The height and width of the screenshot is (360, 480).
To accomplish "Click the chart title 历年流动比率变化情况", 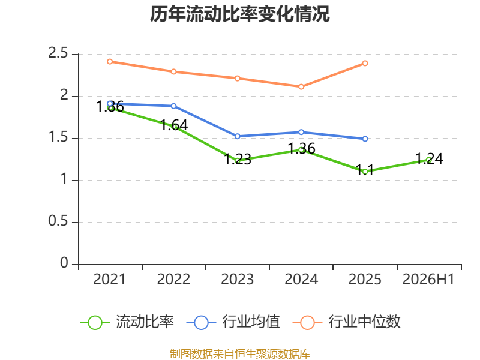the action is click(x=239, y=14).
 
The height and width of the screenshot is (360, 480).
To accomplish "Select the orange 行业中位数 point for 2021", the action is click(x=110, y=62).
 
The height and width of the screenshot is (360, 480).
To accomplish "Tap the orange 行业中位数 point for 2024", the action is click(x=301, y=87).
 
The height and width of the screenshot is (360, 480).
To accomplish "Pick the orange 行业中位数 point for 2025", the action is click(x=365, y=64).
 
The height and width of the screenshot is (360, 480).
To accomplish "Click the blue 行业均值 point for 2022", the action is click(x=173, y=106).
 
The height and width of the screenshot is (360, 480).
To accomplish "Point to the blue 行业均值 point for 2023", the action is click(x=237, y=137).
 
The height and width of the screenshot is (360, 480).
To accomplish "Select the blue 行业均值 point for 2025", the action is click(x=365, y=139).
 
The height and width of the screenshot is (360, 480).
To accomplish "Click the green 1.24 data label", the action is click(x=429, y=158).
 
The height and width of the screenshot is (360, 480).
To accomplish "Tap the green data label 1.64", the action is click(x=174, y=125).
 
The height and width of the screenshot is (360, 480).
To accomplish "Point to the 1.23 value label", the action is click(x=238, y=160).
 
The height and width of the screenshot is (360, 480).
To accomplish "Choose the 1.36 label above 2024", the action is click(x=302, y=148).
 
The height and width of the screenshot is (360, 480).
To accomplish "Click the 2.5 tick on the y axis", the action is click(x=58, y=53).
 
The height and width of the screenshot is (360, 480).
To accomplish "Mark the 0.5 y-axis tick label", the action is click(x=58, y=221).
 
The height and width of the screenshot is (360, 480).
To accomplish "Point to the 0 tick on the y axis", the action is click(x=64, y=263).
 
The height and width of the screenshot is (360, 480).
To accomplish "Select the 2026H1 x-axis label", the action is click(x=428, y=280).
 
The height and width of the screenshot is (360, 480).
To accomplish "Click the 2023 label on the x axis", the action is click(x=237, y=280).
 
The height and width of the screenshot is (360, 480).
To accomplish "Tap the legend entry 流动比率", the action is click(x=127, y=322).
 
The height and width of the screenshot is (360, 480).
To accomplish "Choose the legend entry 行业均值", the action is click(x=233, y=322).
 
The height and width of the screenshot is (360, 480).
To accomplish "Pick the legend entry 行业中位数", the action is click(x=347, y=322).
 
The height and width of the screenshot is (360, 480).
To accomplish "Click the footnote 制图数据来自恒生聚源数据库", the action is click(x=240, y=354).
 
